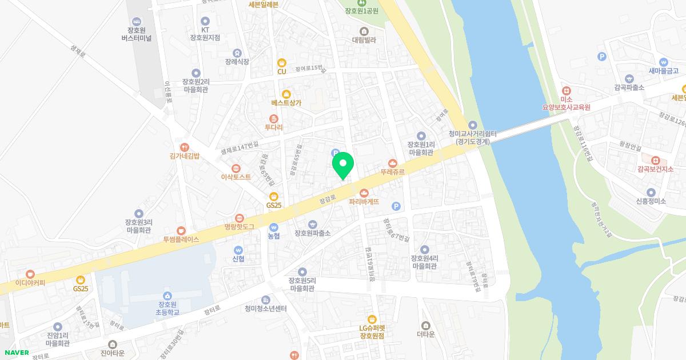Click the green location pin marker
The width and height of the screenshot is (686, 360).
(x=343, y=167)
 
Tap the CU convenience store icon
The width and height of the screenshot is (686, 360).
(x=281, y=63)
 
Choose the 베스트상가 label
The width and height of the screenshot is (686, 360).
(x=286, y=103)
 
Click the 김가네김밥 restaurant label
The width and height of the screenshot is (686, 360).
(x=184, y=155)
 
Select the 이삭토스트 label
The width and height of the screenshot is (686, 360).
(x=236, y=177)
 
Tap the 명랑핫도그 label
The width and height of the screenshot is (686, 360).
(x=239, y=227)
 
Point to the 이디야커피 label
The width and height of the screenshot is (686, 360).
(x=30, y=282)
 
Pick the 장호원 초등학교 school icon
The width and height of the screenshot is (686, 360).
(x=167, y=295)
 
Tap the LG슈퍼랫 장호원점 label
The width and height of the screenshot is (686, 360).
(x=372, y=332)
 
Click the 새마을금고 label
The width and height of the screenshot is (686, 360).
(x=663, y=71)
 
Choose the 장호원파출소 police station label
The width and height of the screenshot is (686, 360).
(x=312, y=233)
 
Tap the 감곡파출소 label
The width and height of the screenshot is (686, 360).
(x=629, y=87)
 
